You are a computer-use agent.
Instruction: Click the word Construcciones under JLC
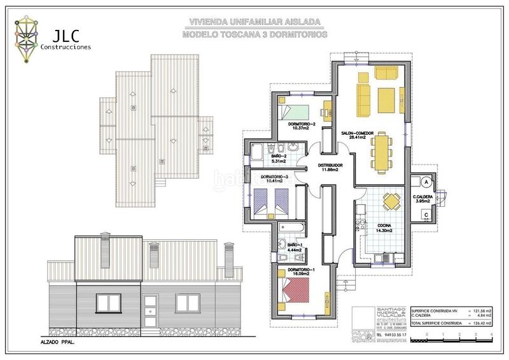[x=66, y=46]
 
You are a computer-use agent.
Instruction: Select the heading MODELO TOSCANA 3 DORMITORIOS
[x=254, y=34]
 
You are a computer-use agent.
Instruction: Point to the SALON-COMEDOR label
[x=357, y=133]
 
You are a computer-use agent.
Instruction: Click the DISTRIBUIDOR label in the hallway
[x=330, y=165]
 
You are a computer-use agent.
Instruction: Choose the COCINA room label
[x=384, y=226]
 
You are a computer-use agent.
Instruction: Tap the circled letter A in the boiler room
[x=428, y=181]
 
